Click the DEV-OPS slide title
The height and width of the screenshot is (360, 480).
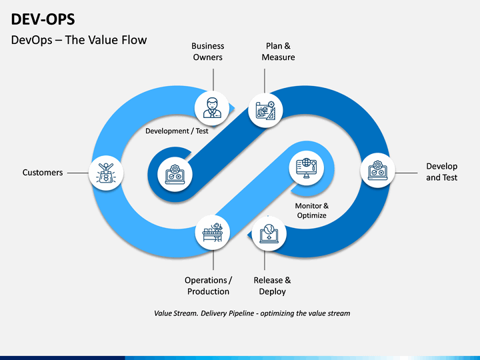tap(43, 19)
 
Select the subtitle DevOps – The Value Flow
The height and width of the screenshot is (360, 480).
tap(79, 40)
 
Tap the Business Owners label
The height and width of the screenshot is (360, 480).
tap(208, 51)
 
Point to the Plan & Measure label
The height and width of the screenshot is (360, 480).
tap(278, 51)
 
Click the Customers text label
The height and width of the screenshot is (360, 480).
tap(43, 173)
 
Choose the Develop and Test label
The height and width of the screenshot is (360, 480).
tap(442, 172)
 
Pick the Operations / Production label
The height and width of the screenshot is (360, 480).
tap(208, 286)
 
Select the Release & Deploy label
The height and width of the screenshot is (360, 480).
tap(272, 286)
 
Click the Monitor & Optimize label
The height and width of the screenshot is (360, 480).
tap(311, 210)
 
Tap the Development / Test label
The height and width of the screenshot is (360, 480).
tap(177, 131)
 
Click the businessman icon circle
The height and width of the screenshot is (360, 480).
tap(212, 108)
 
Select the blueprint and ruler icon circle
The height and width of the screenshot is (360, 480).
tap(265, 110)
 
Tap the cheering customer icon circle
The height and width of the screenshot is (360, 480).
tap(106, 173)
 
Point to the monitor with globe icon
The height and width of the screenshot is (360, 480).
tap(307, 168)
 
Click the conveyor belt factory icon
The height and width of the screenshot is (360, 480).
tap(213, 233)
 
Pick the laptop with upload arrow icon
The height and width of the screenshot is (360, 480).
tap(269, 234)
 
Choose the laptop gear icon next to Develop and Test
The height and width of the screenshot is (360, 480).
tap(378, 171)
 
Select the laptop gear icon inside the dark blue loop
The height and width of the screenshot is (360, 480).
tap(175, 175)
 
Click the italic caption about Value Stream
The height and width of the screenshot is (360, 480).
tap(252, 313)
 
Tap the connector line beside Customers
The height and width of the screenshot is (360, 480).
tap(78, 173)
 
